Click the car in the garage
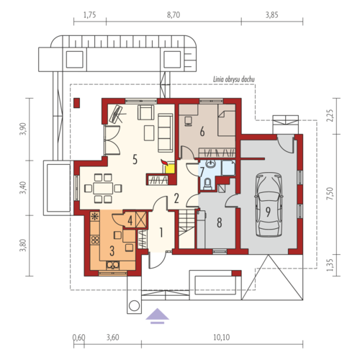[x=268, y=204]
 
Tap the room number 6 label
[x=202, y=132]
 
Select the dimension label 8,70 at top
[x=174, y=15]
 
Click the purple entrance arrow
[x=158, y=316]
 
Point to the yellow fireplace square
[x=170, y=168]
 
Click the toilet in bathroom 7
[x=207, y=184]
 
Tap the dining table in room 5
[x=103, y=188]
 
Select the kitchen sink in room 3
[x=113, y=265]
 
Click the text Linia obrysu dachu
[x=234, y=79]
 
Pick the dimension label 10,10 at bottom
[x=222, y=338]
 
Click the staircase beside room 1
[x=186, y=229]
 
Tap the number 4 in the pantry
[x=130, y=221]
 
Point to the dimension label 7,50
[x=330, y=194]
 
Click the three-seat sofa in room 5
[x=166, y=132]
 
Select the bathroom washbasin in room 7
[x=211, y=165]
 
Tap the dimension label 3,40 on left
[x=22, y=188]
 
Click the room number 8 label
[x=220, y=222]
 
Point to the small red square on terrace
[x=77, y=103]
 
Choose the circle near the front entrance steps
[x=134, y=306]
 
